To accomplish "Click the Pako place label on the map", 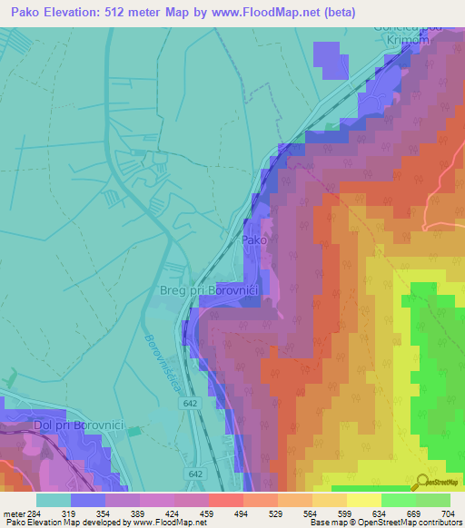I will point(253,241).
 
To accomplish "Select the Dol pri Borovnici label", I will point(45,425).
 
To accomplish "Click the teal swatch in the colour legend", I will point(54,500).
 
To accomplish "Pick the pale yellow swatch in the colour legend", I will point(363,500).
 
